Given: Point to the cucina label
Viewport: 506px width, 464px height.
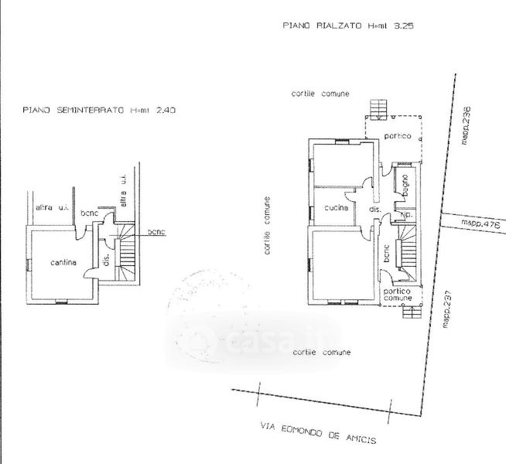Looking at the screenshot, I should [336, 207].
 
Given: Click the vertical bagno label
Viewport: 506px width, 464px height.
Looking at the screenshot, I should [405, 186].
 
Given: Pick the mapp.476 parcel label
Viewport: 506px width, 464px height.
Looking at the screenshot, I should [481, 224].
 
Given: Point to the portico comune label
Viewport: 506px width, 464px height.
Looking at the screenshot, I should [397, 295].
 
